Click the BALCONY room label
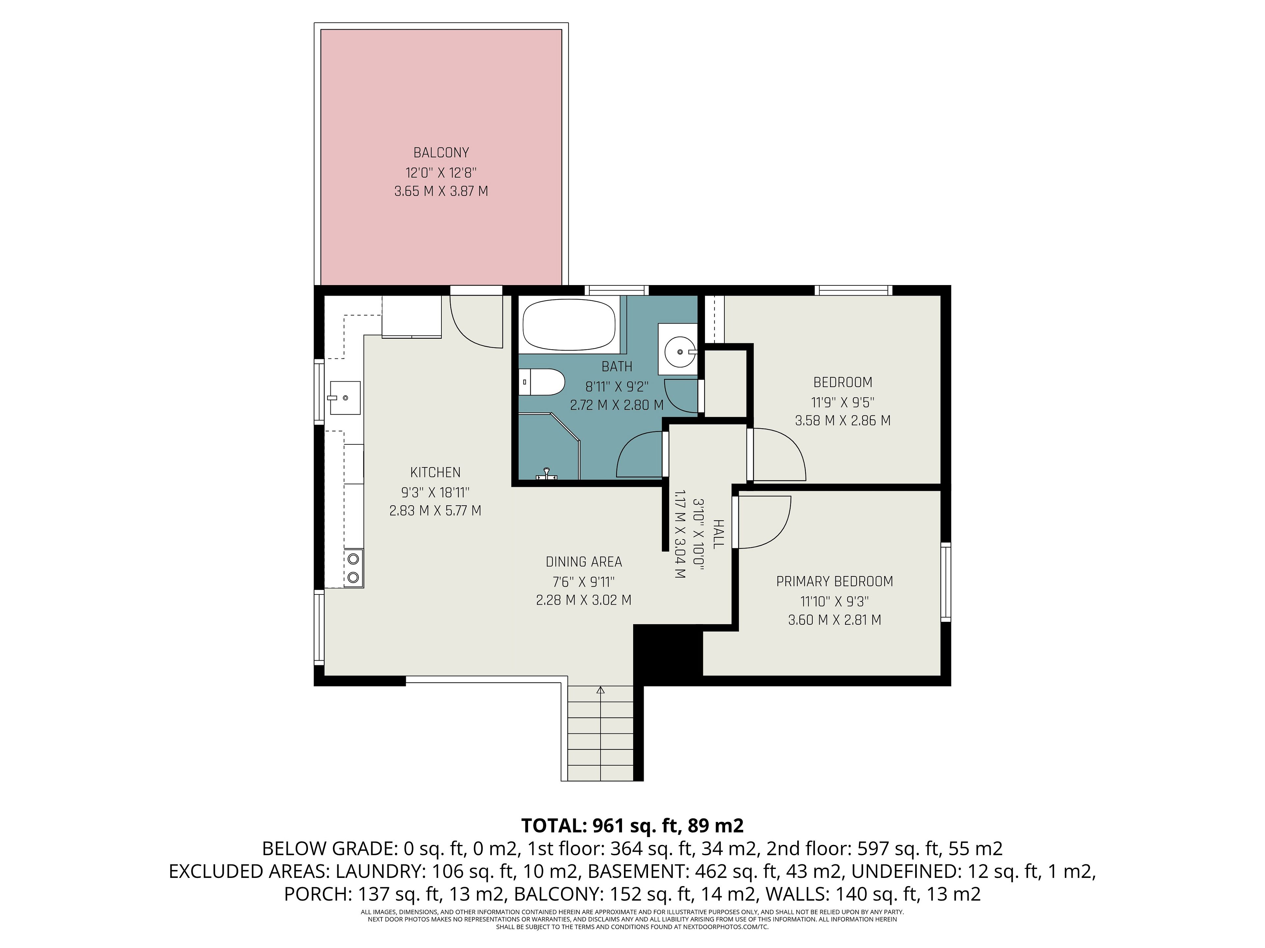tap(441, 153)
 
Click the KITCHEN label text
tap(435, 472)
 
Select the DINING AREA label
tap(583, 562)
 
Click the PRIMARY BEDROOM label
tap(834, 581)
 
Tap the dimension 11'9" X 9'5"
tap(842, 401)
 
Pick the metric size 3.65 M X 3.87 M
tap(441, 191)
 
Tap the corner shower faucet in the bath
tap(546, 473)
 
